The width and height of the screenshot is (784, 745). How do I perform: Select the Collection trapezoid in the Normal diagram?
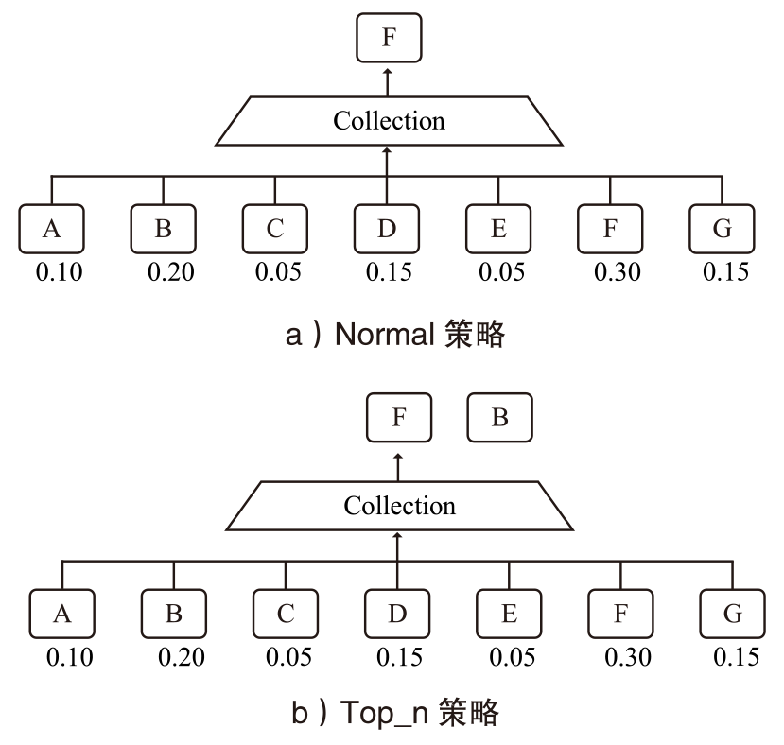pyautogui.click(x=389, y=121)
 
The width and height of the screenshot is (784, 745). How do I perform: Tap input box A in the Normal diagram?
pyautogui.click(x=51, y=228)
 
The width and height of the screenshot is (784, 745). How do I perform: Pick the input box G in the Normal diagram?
pyautogui.click(x=723, y=228)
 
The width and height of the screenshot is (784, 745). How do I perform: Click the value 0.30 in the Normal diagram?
pyautogui.click(x=618, y=272)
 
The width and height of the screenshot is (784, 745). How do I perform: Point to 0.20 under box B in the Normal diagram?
pyautogui.click(x=170, y=272)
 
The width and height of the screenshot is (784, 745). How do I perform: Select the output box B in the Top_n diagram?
pyautogui.click(x=500, y=418)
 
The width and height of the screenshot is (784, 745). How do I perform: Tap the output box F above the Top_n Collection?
pyautogui.click(x=399, y=418)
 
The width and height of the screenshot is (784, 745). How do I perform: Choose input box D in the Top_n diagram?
pyautogui.click(x=398, y=613)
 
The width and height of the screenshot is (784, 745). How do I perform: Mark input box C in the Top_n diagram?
pyautogui.click(x=286, y=613)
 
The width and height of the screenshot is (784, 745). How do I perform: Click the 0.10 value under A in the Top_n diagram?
pyautogui.click(x=71, y=656)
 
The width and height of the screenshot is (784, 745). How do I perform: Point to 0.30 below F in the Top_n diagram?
pyautogui.click(x=627, y=656)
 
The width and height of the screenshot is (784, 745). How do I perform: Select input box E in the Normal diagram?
pyautogui.click(x=498, y=228)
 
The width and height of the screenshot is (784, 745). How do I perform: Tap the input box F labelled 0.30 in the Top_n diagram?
pyautogui.click(x=620, y=613)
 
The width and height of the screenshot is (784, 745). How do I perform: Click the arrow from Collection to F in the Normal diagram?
pyautogui.click(x=389, y=81)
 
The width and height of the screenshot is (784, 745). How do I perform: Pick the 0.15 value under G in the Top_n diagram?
pyautogui.click(x=736, y=656)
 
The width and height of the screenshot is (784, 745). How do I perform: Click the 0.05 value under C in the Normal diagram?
pyautogui.click(x=278, y=272)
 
